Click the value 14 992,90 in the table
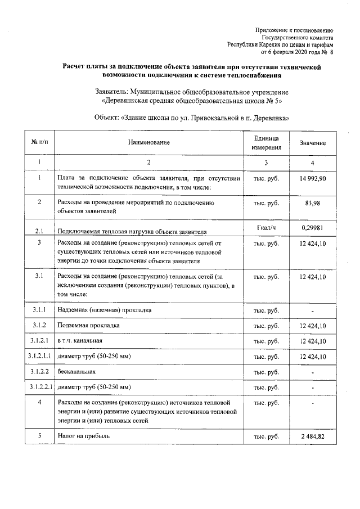(x=312, y=178)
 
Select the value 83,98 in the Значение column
(x=312, y=203)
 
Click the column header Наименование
(x=148, y=143)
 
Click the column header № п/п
(x=39, y=143)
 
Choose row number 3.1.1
(x=39, y=310)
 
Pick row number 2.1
(x=39, y=231)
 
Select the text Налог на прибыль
(x=84, y=435)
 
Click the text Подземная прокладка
(x=89, y=326)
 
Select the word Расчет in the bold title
(x=75, y=66)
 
